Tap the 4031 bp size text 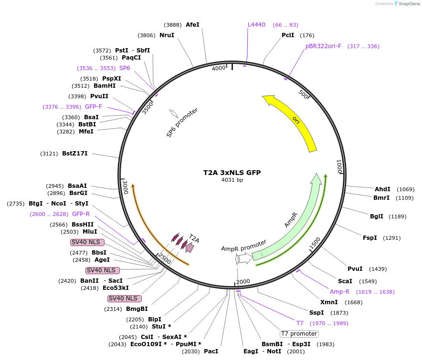232,180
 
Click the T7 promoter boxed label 299,334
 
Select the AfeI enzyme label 192,24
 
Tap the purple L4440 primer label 256,24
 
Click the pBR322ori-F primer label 323,46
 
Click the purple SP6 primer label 125,68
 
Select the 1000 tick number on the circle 339,166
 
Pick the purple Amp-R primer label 339,291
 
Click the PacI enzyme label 211,351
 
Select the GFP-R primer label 81,214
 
